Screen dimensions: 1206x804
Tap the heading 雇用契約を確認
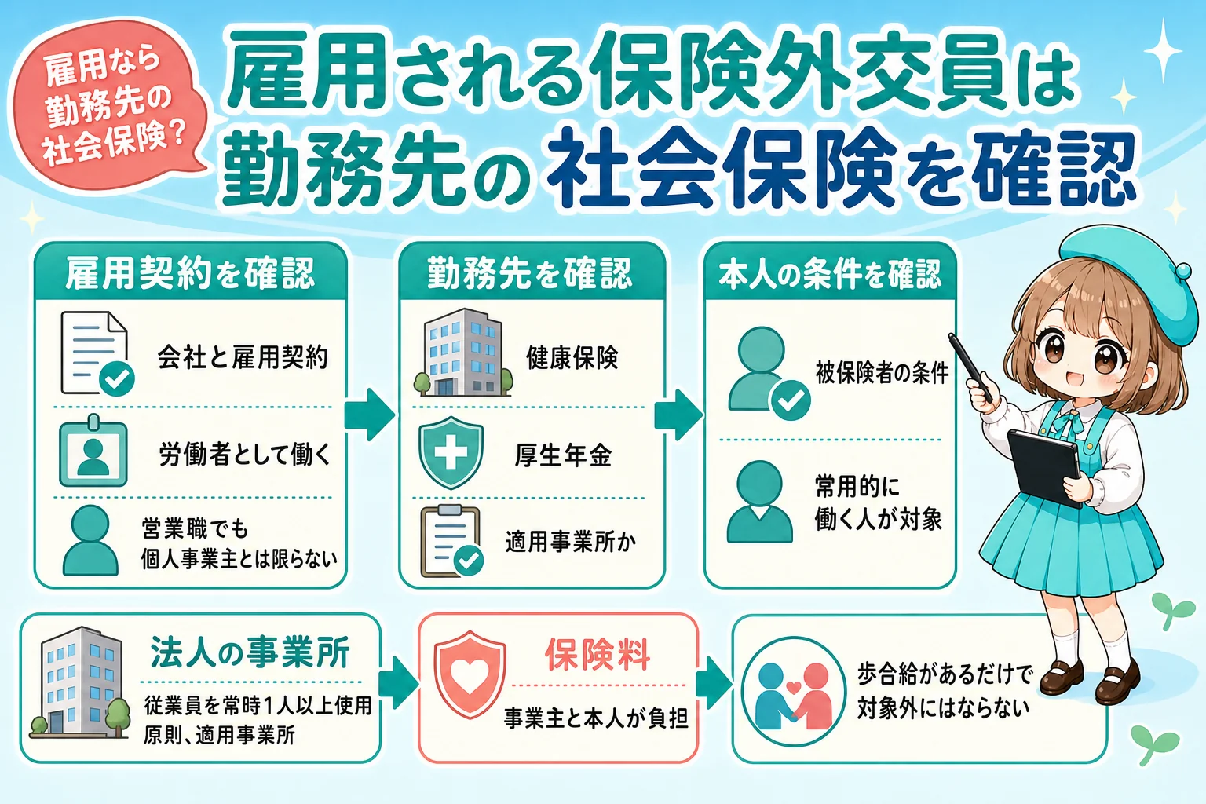click(190, 273)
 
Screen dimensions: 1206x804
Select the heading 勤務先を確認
click(530, 273)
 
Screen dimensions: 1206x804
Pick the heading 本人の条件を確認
click(830, 273)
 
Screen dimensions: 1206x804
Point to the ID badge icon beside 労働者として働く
click(93, 451)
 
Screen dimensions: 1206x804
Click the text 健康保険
click(572, 357)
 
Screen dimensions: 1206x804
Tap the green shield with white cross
click(451, 452)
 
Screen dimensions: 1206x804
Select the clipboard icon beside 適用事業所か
click(451, 541)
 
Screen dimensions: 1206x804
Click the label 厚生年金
click(563, 455)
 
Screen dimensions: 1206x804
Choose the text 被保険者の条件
click(882, 373)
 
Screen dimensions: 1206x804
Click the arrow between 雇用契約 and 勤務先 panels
click(370, 415)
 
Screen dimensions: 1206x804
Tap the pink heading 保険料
click(597, 656)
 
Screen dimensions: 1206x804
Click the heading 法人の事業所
click(250, 652)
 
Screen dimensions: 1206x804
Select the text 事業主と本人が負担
click(596, 718)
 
